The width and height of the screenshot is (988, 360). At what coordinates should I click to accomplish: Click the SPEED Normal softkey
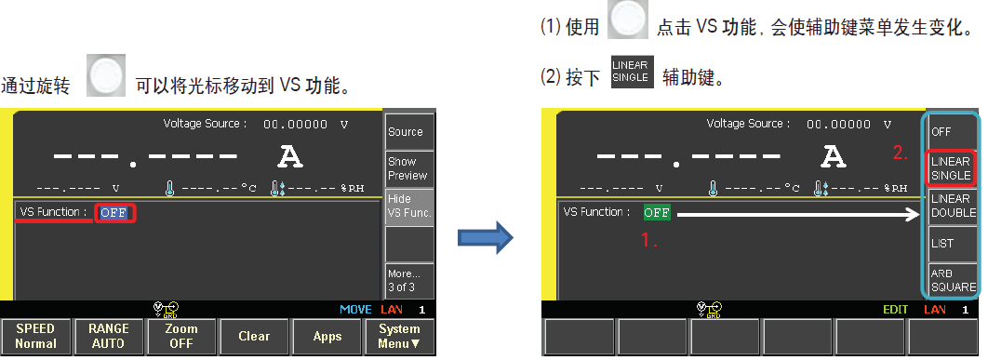pyautogui.click(x=35, y=337)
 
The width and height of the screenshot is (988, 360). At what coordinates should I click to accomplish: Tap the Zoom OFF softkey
pyautogui.click(x=181, y=337)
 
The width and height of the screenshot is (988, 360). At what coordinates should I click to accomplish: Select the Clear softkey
pyautogui.click(x=254, y=337)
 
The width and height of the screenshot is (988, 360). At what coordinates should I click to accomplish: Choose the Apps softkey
pyautogui.click(x=327, y=337)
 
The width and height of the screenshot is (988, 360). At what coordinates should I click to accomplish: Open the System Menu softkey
pyautogui.click(x=400, y=337)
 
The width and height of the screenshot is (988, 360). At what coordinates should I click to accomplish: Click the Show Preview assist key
pyautogui.click(x=407, y=168)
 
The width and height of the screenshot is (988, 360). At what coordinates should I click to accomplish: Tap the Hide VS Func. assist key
pyautogui.click(x=407, y=207)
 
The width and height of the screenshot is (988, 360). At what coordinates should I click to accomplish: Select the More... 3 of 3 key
pyautogui.click(x=407, y=280)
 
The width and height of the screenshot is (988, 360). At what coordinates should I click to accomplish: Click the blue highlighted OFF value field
pyautogui.click(x=113, y=212)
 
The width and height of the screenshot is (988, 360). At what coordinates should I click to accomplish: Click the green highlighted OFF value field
pyautogui.click(x=657, y=212)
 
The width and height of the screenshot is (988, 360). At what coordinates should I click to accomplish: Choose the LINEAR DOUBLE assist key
pyautogui.click(x=952, y=207)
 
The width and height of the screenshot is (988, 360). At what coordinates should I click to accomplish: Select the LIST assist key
pyautogui.click(x=952, y=243)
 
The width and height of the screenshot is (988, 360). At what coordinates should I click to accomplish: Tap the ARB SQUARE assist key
pyautogui.click(x=952, y=280)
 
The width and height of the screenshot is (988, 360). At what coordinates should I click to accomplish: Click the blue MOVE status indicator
pyautogui.click(x=354, y=309)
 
